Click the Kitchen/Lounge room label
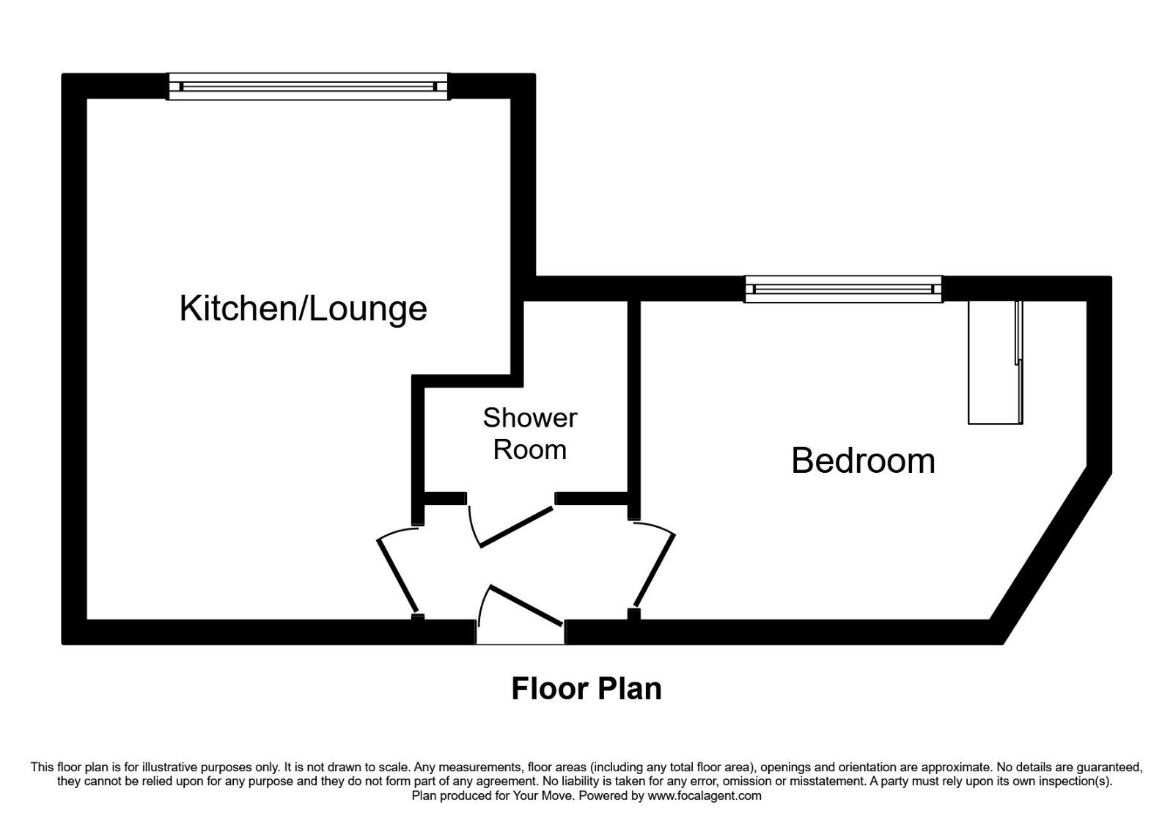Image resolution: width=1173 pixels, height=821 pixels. (x=304, y=309)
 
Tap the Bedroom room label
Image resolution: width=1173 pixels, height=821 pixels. (x=863, y=461)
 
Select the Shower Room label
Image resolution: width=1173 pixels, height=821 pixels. (x=530, y=433)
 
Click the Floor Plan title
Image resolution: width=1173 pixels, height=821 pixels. (x=586, y=688)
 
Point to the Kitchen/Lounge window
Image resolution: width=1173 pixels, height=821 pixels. (x=308, y=86)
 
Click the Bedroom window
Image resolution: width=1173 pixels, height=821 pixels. (x=843, y=289)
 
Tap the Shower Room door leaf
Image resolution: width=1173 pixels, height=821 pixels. (x=516, y=526)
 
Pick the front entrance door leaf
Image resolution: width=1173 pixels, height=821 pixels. (x=526, y=605)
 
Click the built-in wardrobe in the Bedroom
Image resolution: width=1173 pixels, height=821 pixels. (x=995, y=362)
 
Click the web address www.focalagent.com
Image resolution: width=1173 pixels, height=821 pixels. (x=705, y=796)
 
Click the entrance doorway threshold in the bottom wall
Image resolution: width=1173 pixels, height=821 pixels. (x=521, y=632)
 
